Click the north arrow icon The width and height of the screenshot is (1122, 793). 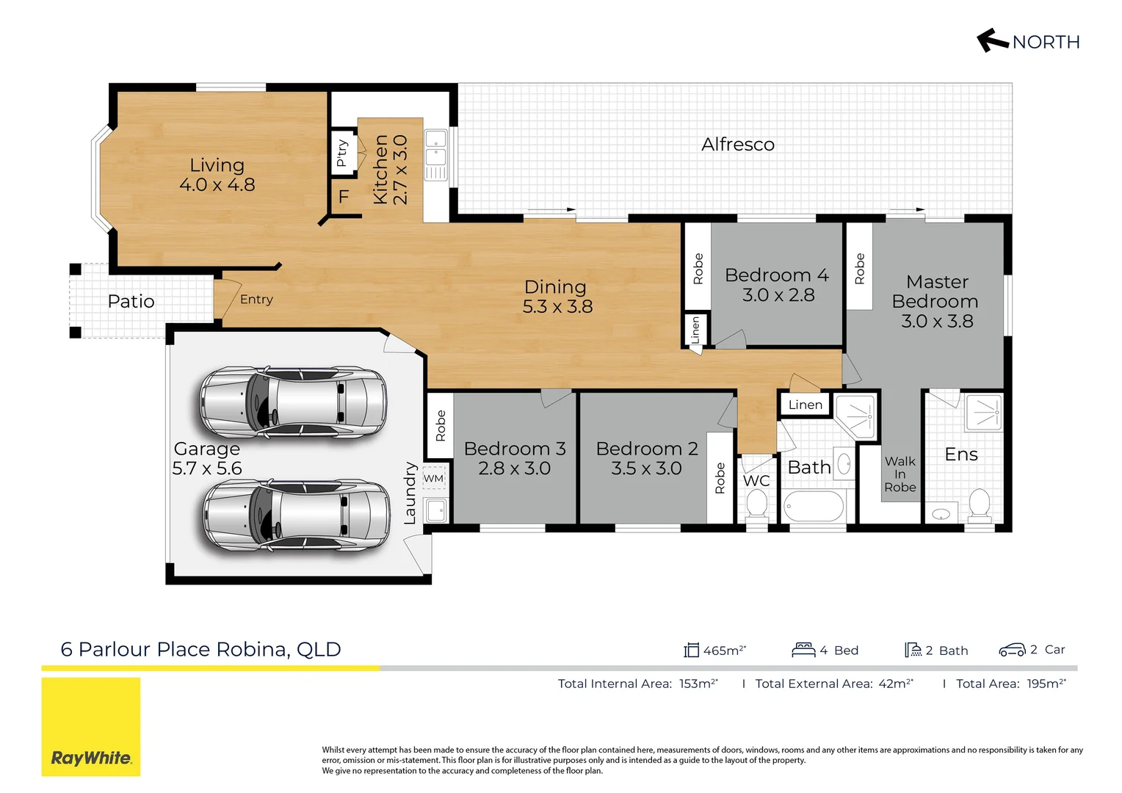coord(992,40)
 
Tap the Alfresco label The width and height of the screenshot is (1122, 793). coord(737,145)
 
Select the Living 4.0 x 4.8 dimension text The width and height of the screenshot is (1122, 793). coord(217,185)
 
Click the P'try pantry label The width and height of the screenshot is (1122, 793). coord(341,153)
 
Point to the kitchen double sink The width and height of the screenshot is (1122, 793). coord(435,155)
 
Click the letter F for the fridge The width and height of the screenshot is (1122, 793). coord(343,197)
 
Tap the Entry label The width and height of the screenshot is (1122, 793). coord(256,300)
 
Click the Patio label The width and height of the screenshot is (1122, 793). coord(131,301)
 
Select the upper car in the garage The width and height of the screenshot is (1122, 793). coord(293,402)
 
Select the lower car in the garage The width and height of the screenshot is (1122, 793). coord(296,515)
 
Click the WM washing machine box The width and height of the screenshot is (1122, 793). coord(433,479)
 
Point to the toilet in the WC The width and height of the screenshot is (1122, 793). coord(756,504)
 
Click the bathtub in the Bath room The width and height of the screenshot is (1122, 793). coord(814,507)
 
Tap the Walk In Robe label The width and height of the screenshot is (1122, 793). coord(900,474)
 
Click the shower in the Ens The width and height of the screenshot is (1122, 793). coord(983,412)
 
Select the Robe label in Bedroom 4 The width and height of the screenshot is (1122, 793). coord(698,269)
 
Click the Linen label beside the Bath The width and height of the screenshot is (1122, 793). coord(805,405)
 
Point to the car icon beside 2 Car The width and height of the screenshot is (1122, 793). coord(1012,650)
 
